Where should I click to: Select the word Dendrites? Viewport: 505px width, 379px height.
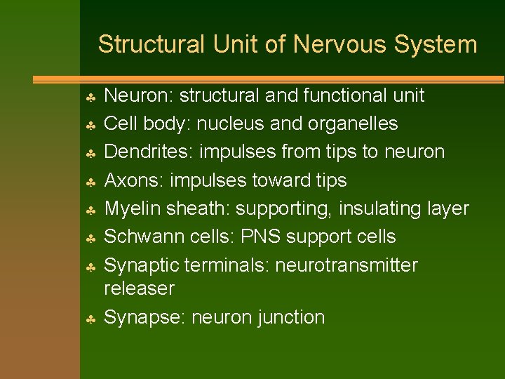click(144, 152)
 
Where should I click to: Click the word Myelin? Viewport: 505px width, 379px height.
click(133, 208)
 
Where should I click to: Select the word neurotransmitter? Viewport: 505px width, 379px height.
click(346, 265)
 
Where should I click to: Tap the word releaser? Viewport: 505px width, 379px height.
click(138, 288)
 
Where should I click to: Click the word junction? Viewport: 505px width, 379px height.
click(291, 317)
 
